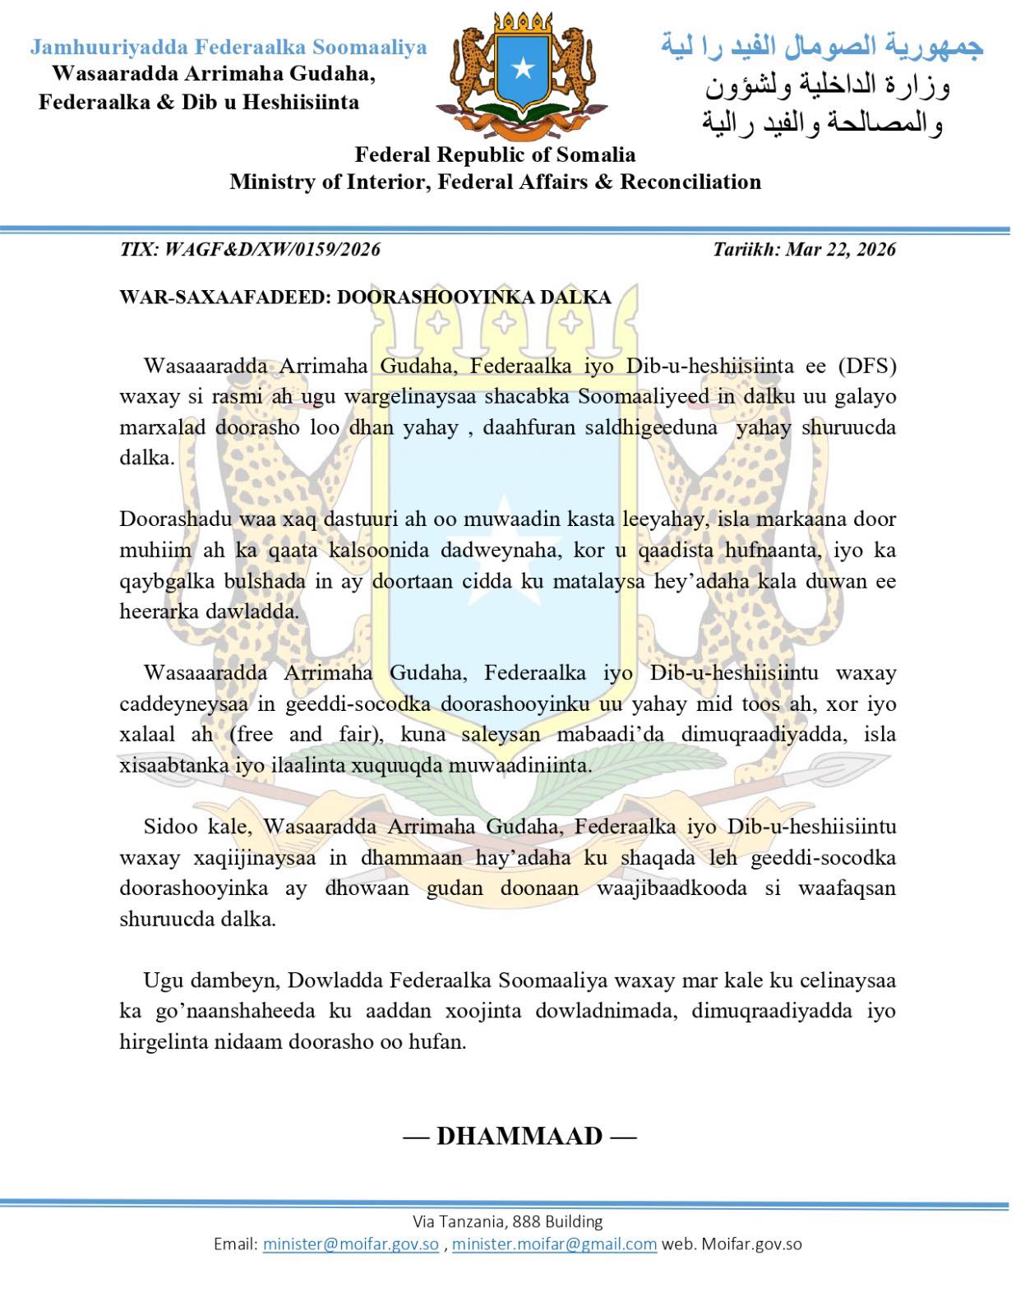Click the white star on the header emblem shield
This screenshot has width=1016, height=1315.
[x=522, y=69]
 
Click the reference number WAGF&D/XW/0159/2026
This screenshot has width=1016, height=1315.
[x=272, y=249]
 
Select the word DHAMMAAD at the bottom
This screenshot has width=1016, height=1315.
[x=520, y=1136]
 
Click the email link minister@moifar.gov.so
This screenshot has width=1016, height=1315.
[x=351, y=1243]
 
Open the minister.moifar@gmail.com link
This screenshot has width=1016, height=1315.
[x=554, y=1243]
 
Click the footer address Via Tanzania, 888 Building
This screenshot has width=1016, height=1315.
[x=507, y=1221]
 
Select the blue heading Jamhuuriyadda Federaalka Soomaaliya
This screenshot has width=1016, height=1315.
[x=229, y=47]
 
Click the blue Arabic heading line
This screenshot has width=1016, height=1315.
[x=822, y=47]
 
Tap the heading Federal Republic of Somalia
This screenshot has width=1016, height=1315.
[x=495, y=155]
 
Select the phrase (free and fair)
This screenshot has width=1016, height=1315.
[x=304, y=734]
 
